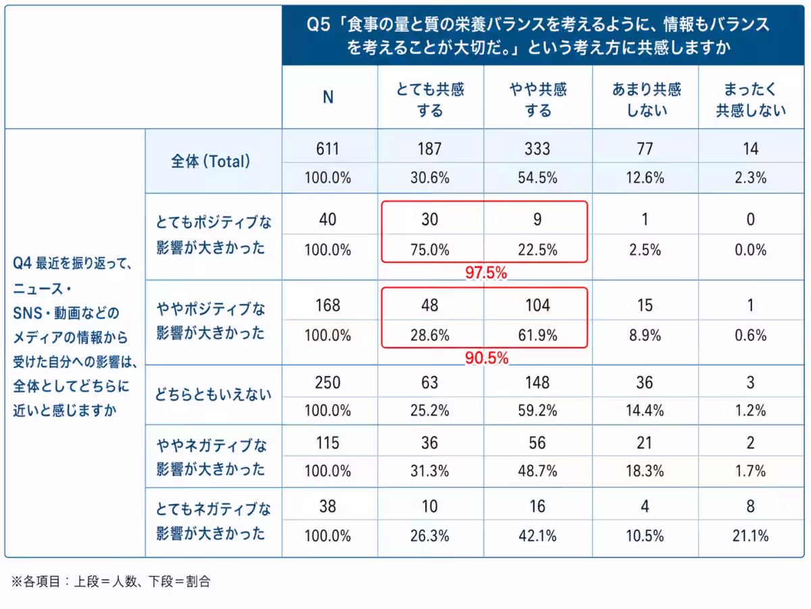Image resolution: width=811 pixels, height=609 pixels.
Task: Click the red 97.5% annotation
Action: click(486, 273)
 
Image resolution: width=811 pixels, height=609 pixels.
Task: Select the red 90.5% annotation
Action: click(487, 358)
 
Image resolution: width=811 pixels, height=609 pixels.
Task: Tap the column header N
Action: click(328, 97)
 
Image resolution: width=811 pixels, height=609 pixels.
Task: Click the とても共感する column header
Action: click(430, 100)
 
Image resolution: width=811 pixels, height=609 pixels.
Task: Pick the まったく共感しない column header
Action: click(751, 100)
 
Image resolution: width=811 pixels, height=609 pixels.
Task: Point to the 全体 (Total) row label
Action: click(211, 161)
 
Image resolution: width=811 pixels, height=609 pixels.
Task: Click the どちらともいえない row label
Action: click(213, 394)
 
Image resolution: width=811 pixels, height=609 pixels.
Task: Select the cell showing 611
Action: click(328, 149)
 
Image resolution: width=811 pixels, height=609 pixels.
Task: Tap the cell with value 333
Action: click(537, 149)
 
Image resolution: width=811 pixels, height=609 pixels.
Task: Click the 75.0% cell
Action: click(430, 250)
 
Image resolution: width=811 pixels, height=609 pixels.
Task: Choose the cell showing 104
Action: click(538, 305)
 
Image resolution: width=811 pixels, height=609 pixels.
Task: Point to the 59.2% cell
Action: click(537, 411)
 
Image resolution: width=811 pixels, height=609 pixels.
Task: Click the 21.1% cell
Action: click(751, 535)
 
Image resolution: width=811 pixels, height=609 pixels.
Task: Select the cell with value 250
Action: click(328, 382)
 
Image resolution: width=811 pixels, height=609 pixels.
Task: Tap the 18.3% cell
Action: click(645, 471)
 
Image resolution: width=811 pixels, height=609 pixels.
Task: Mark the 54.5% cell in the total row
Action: click(537, 177)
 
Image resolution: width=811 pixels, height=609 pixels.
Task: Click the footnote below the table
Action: click(111, 582)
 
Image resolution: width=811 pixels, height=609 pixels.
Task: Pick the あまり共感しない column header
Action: click(646, 100)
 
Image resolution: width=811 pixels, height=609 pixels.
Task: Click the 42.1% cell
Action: click(537, 535)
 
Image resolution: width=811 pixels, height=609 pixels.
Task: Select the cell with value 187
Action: click(430, 149)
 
